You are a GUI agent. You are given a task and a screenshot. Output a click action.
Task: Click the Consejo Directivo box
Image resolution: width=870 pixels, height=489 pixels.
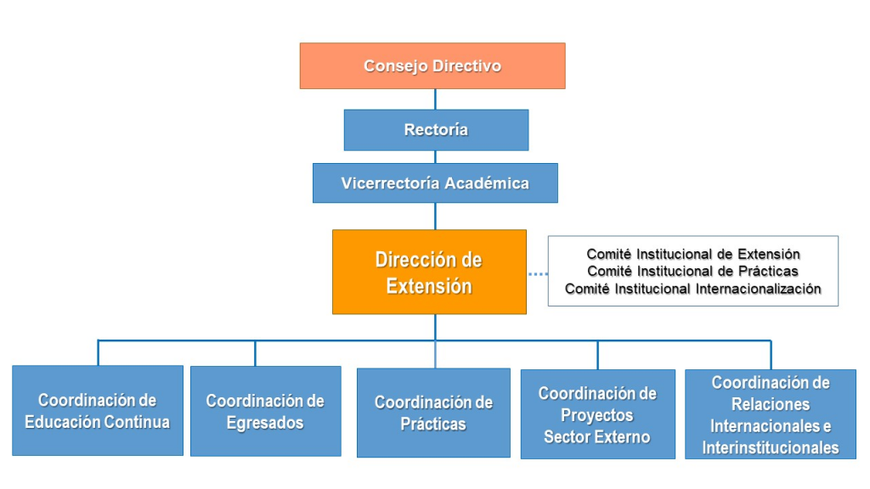click(x=432, y=66)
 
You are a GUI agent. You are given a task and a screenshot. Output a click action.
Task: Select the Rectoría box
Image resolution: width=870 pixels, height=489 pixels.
click(x=436, y=130)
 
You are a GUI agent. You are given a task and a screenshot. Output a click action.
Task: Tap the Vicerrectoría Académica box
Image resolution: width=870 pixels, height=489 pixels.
click(x=435, y=183)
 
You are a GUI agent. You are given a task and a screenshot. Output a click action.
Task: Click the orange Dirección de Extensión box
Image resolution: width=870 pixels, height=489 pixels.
click(x=429, y=273)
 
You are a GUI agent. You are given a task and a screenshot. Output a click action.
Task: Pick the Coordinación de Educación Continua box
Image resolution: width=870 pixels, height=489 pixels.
click(x=98, y=410)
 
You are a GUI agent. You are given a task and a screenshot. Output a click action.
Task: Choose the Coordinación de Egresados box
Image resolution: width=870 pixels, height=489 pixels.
click(x=266, y=411)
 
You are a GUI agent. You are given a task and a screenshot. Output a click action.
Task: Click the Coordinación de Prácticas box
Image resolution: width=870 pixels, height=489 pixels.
click(x=433, y=413)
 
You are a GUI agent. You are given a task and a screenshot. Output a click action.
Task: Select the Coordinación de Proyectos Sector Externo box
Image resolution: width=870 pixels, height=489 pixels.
click(x=597, y=414)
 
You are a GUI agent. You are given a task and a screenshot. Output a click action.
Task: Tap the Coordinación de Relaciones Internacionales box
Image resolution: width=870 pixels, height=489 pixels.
click(x=770, y=414)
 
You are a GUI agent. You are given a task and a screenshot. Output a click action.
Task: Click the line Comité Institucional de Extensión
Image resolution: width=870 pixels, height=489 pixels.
click(x=693, y=254)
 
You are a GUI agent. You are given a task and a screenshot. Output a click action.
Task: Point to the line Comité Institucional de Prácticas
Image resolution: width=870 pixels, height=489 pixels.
click(x=692, y=271)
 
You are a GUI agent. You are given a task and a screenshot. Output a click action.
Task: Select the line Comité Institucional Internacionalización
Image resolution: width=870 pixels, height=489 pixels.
click(x=693, y=289)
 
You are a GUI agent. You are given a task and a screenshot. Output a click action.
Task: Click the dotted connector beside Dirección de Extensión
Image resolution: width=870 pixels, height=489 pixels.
click(x=538, y=274)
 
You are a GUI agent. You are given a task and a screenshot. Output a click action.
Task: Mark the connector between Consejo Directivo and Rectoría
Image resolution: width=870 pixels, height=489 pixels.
click(x=435, y=99)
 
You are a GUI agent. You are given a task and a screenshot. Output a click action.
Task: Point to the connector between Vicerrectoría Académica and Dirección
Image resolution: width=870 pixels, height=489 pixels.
click(x=435, y=216)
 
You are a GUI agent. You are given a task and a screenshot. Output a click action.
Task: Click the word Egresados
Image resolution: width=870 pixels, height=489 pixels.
click(x=265, y=423)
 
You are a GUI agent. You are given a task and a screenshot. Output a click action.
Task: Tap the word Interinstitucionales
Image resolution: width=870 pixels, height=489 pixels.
click(x=770, y=447)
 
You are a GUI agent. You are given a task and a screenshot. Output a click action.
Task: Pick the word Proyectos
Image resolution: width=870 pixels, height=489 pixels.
click(x=597, y=415)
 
